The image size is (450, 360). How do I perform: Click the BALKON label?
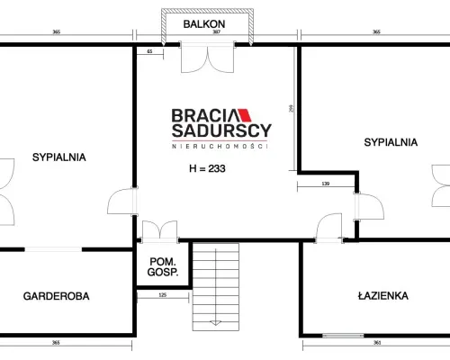pyautogui.click(x=204, y=24)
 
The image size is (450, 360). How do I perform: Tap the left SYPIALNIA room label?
pyautogui.click(x=59, y=157)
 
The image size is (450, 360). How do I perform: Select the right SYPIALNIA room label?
pyautogui.click(x=391, y=142)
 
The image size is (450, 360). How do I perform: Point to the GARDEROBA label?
pyautogui.click(x=57, y=296)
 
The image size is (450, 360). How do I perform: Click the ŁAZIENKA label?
pyautogui.click(x=383, y=295)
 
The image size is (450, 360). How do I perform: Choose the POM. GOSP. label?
pyautogui.click(x=163, y=266)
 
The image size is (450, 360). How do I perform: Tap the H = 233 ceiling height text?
pyautogui.click(x=207, y=168)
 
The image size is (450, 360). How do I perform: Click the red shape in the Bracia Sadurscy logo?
pyautogui.click(x=245, y=115)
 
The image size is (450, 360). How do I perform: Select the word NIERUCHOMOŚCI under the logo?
pyautogui.click(x=220, y=146)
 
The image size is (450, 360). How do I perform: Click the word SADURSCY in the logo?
pyautogui.click(x=221, y=130)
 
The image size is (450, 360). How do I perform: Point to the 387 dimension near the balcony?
pyautogui.click(x=217, y=31)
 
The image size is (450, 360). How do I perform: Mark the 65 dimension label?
pyautogui.click(x=149, y=51)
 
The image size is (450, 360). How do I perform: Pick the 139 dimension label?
pyautogui.click(x=326, y=184)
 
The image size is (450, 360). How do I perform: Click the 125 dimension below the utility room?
pyautogui.click(x=162, y=295)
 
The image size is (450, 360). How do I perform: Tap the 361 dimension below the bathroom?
pyautogui.click(x=377, y=342)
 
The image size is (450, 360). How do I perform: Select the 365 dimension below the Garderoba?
pyautogui.click(x=56, y=342)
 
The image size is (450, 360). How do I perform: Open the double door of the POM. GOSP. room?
pyautogui.click(x=159, y=231)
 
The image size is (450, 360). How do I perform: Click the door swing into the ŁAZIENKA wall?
pyautogui.click(x=329, y=227)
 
